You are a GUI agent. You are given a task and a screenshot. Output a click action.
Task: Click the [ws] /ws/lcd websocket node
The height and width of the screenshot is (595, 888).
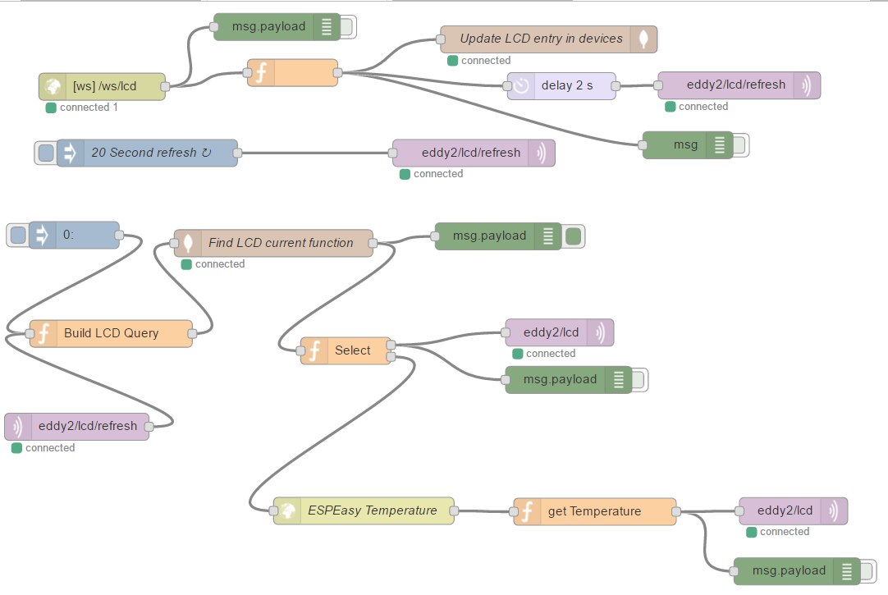click(x=102, y=86)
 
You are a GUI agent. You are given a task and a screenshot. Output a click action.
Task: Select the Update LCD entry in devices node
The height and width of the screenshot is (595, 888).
click(x=542, y=39)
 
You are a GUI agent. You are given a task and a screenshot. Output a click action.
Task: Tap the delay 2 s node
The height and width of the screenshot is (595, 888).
click(x=566, y=85)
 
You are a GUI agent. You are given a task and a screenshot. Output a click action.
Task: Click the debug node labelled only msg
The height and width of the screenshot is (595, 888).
click(x=686, y=145)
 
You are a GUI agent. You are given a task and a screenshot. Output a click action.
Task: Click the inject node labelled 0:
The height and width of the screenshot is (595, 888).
click(x=78, y=236)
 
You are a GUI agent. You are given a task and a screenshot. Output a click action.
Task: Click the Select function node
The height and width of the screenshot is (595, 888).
click(x=352, y=350)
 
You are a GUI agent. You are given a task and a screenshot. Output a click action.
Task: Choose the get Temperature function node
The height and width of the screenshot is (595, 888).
click(x=594, y=511)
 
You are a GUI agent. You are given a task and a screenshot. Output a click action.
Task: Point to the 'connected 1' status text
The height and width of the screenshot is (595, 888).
click(x=89, y=108)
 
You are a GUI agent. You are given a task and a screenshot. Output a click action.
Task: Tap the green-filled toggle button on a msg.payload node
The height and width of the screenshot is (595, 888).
click(x=574, y=236)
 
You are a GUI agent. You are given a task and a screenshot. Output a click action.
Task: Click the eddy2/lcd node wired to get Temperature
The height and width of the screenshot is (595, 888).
click(x=785, y=510)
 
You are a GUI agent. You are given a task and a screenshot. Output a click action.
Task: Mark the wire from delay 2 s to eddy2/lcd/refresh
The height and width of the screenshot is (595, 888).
click(x=637, y=85)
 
